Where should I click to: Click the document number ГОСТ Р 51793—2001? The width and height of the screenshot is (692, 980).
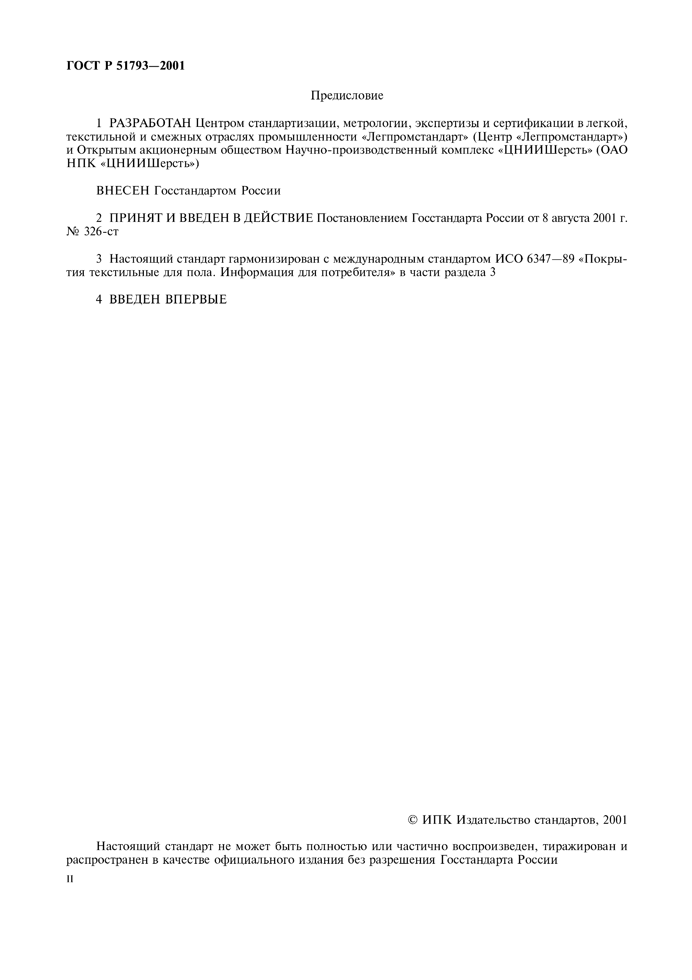pyautogui.click(x=126, y=66)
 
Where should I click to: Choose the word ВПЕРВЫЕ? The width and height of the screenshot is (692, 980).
pyautogui.click(x=196, y=300)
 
